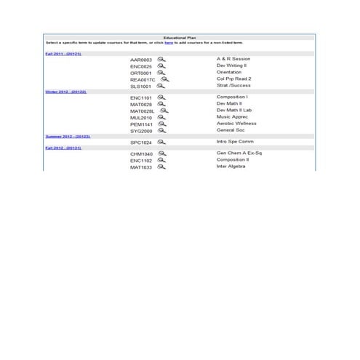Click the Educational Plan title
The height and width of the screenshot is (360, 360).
(x=180, y=36)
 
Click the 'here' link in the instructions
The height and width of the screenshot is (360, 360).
(x=169, y=43)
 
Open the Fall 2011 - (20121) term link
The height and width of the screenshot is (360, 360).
(x=63, y=54)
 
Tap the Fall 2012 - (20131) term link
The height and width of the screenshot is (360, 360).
(x=63, y=148)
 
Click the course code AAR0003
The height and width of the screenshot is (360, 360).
(x=141, y=60)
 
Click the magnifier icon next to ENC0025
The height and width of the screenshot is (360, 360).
(x=161, y=66)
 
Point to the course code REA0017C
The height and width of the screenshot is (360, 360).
(x=143, y=79)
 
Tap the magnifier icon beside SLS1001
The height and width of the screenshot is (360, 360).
(x=161, y=86)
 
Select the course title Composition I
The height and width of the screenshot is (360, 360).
(x=233, y=97)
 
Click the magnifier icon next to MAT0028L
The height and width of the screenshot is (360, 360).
(x=164, y=111)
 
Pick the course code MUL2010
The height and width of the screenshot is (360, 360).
(x=141, y=117)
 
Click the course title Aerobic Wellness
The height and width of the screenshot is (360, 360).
(x=236, y=124)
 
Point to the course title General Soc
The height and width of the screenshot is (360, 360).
(x=230, y=130)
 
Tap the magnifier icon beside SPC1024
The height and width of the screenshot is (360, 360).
(x=161, y=142)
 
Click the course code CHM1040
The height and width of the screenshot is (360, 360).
(x=141, y=154)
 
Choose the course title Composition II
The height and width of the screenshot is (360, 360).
(x=233, y=161)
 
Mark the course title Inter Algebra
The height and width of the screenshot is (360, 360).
(x=231, y=167)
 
